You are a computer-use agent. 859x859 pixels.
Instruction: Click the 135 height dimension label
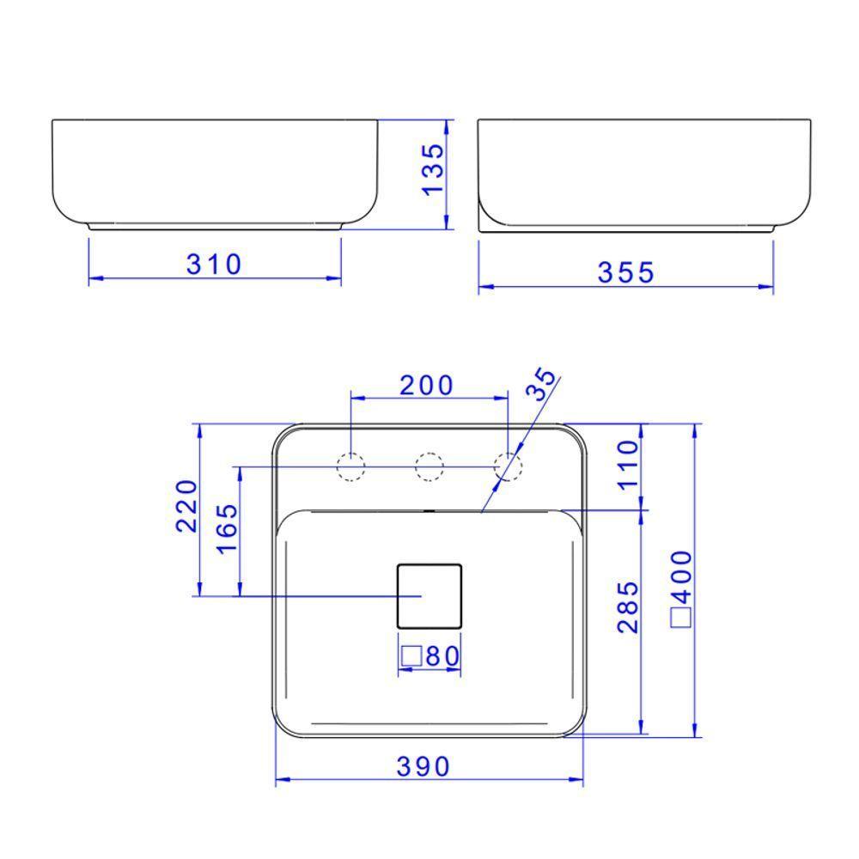(435, 168)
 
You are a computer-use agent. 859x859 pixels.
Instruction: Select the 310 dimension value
(215, 265)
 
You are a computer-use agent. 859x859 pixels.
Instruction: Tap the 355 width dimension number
(625, 272)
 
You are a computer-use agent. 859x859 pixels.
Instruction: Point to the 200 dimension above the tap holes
(426, 386)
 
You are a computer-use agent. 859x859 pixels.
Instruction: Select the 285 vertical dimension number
(629, 606)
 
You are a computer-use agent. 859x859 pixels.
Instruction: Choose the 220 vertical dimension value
(187, 506)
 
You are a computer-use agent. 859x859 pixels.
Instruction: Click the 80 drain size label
(442, 656)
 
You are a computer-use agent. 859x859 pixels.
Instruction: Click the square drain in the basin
(429, 594)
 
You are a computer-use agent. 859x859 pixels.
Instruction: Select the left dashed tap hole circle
(350, 466)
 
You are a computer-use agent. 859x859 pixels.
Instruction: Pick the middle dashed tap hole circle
(429, 466)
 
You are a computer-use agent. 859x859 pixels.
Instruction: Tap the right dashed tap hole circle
(509, 466)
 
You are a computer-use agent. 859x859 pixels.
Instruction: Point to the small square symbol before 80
(411, 656)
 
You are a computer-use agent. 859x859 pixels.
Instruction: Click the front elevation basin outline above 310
(215, 172)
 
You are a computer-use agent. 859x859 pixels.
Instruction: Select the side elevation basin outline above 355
(644, 172)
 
